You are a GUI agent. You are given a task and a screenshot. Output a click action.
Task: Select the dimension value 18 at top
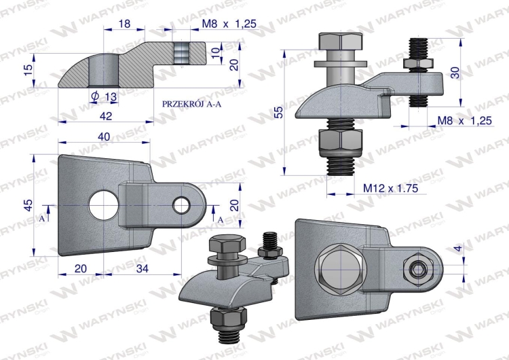(124, 23)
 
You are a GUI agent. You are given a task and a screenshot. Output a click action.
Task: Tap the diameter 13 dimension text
(105, 96)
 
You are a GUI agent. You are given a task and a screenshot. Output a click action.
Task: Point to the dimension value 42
(106, 115)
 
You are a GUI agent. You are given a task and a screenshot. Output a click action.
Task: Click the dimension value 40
(104, 137)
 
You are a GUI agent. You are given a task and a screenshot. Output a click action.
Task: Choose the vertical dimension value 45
(29, 205)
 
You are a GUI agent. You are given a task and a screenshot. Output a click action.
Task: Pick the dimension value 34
(143, 268)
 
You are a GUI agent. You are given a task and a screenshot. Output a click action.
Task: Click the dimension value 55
(278, 112)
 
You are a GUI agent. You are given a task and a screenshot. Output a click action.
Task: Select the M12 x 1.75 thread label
(390, 188)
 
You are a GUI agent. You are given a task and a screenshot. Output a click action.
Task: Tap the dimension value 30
(455, 73)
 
